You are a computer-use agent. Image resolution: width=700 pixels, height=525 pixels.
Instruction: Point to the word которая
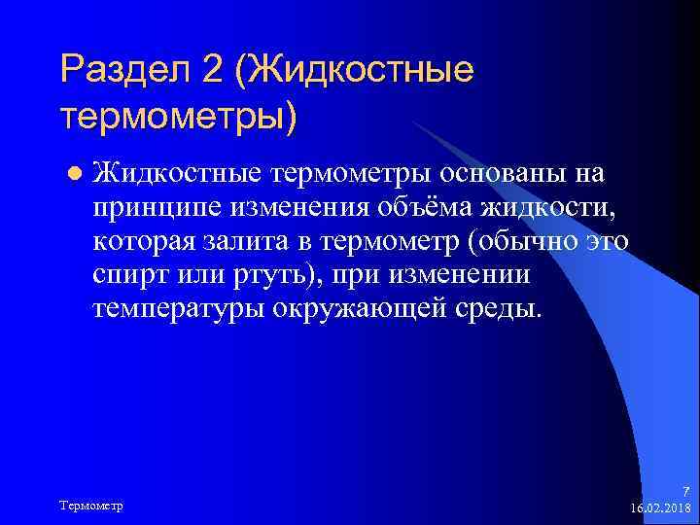(150, 241)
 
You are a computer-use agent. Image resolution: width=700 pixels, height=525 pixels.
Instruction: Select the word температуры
(179, 309)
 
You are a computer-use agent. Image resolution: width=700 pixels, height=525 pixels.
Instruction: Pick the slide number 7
(685, 493)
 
